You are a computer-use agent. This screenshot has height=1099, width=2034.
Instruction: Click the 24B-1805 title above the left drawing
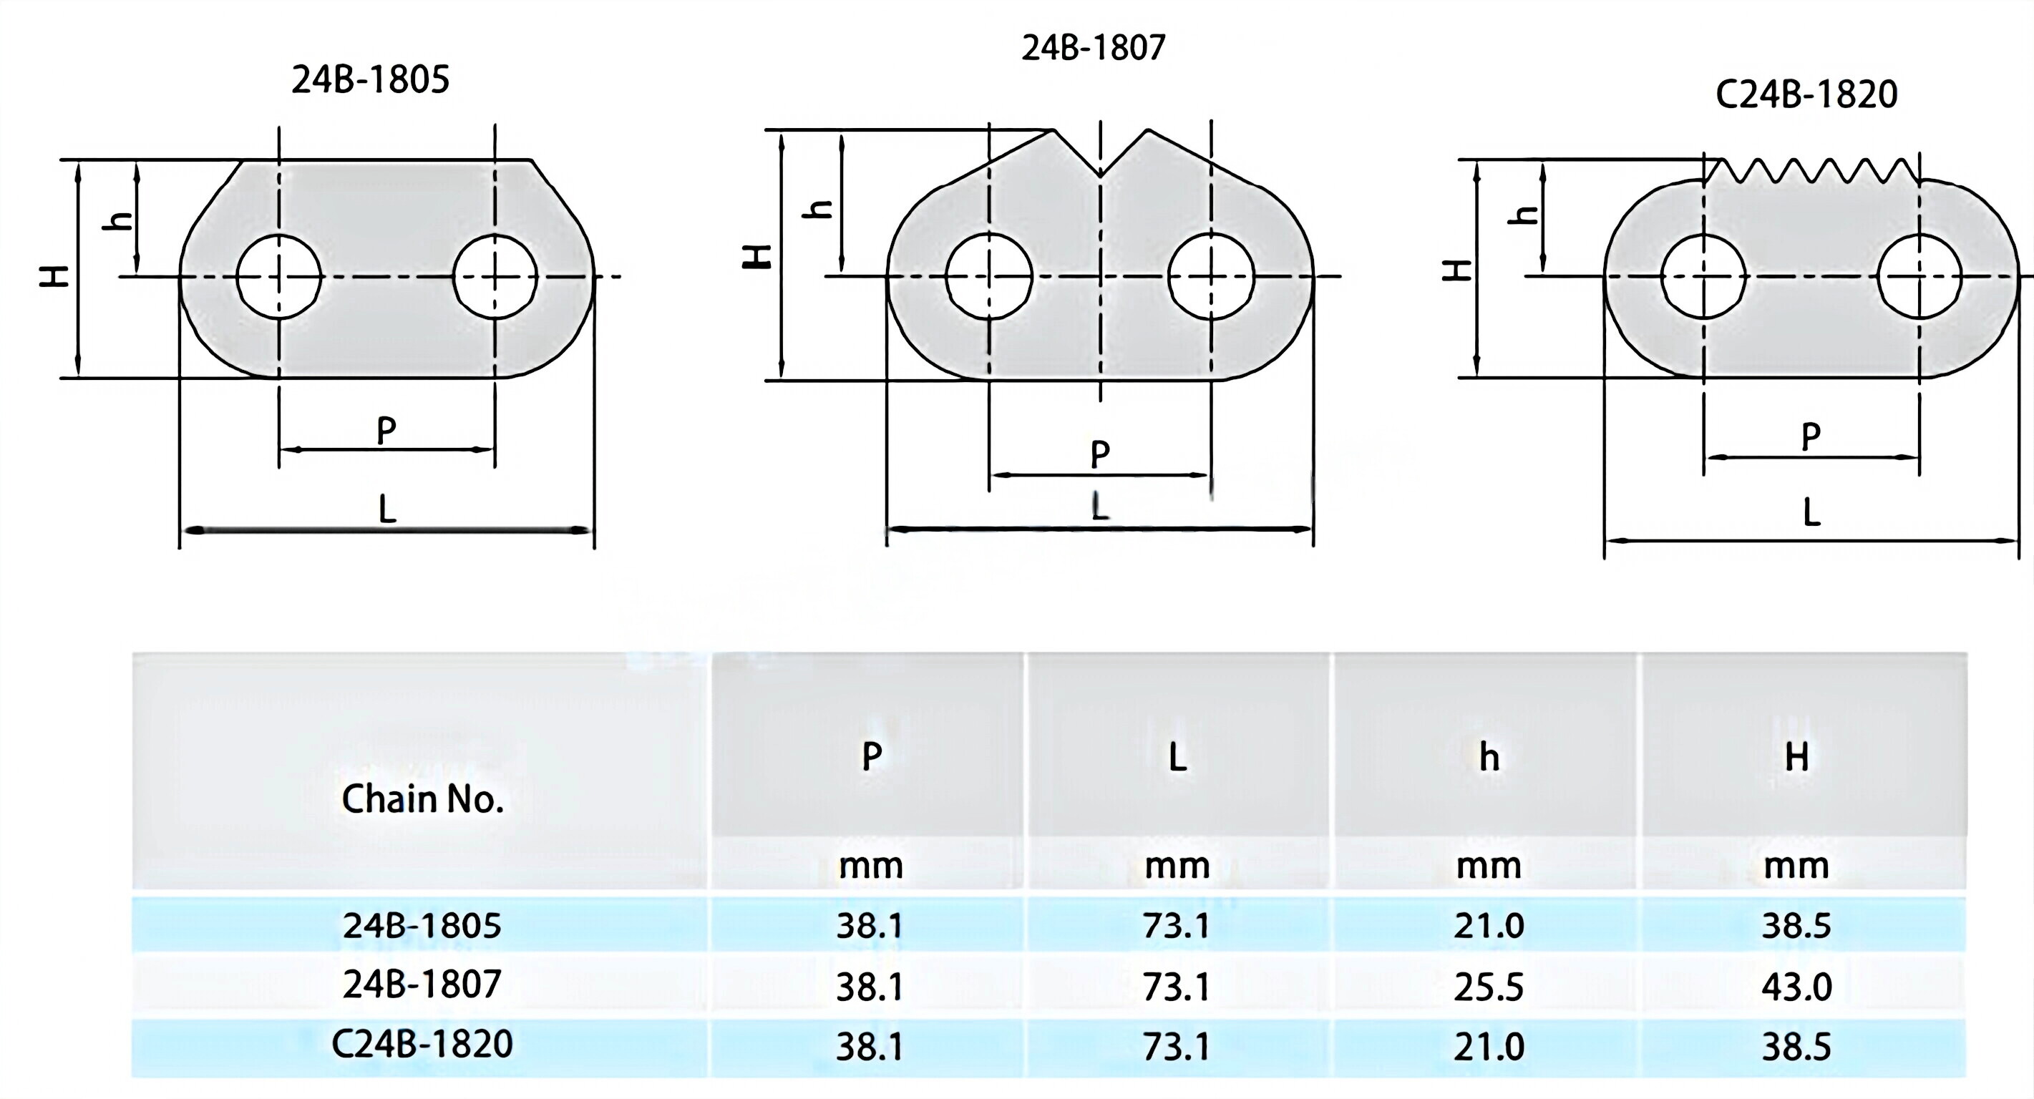tap(370, 79)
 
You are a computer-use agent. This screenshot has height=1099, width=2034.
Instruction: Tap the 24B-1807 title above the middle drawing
tap(1094, 47)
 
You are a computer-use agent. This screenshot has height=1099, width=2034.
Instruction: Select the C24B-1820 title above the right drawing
tap(1806, 94)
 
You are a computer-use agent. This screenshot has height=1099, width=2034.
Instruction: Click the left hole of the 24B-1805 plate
tap(278, 276)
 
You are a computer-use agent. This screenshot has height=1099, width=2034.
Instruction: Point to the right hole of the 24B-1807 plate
tap(1211, 276)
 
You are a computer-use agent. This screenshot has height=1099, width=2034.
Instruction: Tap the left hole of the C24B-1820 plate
tap(1704, 276)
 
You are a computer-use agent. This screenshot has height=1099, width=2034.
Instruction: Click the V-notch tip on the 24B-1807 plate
tap(1101, 174)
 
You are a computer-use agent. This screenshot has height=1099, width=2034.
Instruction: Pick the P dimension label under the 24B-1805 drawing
tap(386, 431)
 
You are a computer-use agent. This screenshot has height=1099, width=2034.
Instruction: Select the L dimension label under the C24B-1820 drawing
tap(1812, 512)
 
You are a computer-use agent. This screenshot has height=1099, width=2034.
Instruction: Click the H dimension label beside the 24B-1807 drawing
tap(759, 256)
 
